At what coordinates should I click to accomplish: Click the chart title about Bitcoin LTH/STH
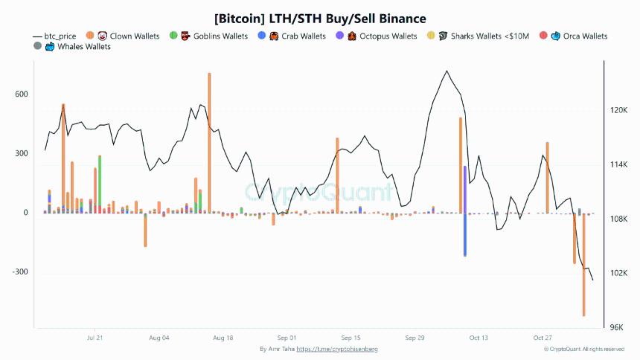pos(320,17)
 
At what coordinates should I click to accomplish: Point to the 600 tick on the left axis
pos(21,94)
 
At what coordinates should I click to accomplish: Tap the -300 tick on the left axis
pos(20,272)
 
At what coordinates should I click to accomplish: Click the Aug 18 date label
pos(223,338)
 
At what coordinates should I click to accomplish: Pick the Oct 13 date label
pos(479,338)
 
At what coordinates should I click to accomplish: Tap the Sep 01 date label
pos(287,338)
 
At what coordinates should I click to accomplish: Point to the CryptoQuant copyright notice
pos(584,349)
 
